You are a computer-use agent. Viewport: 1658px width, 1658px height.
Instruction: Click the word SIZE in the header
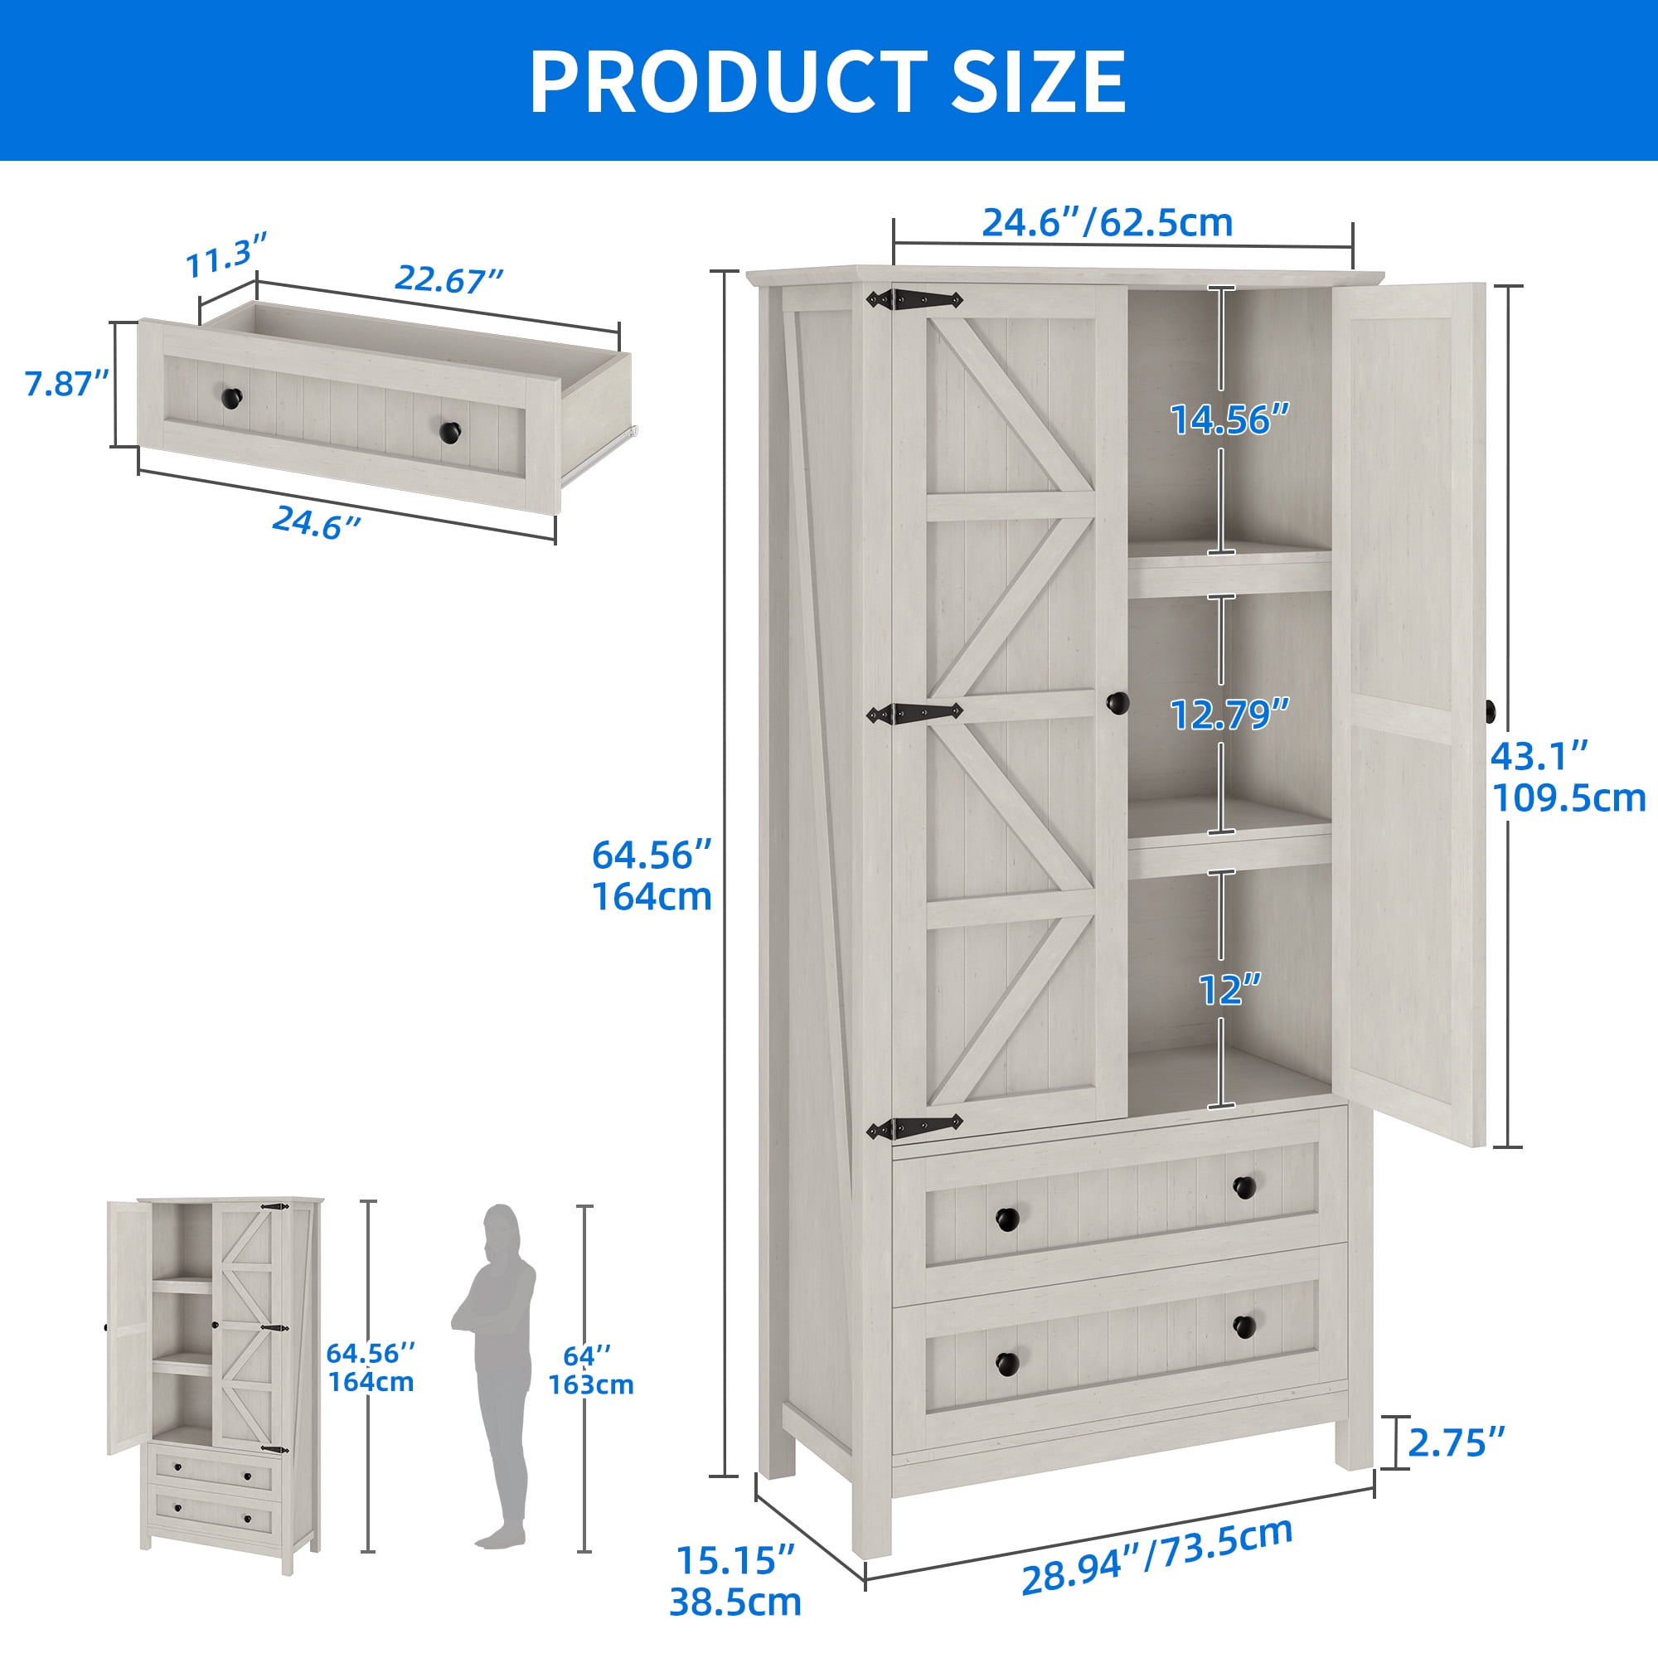point(1040,80)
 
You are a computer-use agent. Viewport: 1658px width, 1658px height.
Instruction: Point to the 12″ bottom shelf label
point(1230,990)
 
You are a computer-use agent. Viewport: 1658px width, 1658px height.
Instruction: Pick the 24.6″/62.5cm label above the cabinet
point(1107,222)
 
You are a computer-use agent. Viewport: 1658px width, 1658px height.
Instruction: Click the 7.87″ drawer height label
point(67,384)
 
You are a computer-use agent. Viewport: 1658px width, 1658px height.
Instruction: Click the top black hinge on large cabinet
point(914,299)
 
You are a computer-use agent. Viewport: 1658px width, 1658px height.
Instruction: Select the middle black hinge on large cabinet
point(914,713)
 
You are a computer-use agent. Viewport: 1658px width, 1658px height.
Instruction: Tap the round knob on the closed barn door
point(1117,703)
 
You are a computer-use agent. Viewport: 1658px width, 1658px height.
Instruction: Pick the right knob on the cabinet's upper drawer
point(1244,1187)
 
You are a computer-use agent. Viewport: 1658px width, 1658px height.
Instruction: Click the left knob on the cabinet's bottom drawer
point(1007,1362)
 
